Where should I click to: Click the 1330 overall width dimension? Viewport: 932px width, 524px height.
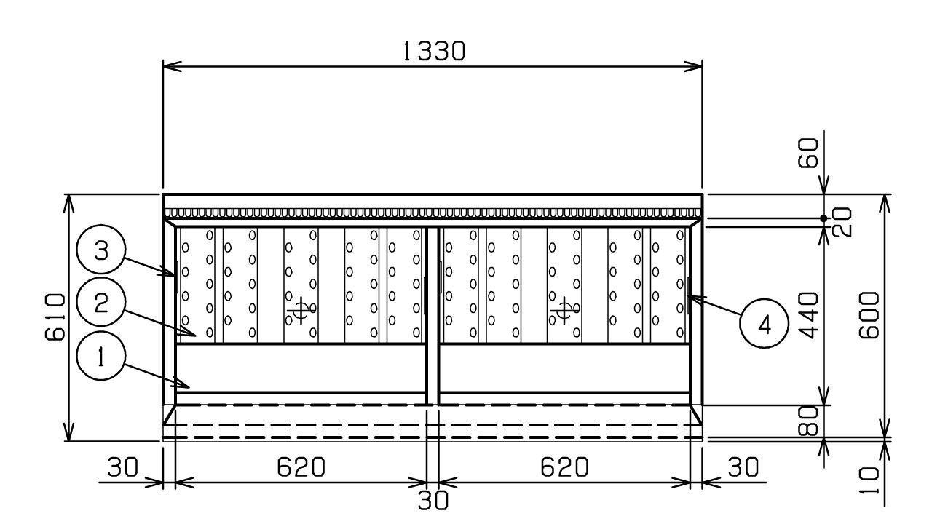point(435,52)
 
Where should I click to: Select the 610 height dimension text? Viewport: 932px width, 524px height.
point(55,317)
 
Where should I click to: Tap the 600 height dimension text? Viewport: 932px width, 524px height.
point(869,315)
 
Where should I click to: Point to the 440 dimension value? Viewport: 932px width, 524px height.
point(808,315)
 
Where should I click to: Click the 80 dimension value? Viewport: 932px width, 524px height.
point(808,421)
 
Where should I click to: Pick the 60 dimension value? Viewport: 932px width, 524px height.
point(808,153)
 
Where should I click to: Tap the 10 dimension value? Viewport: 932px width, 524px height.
point(869,481)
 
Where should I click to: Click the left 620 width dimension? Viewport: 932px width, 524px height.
point(301,467)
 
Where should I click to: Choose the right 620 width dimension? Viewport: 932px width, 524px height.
point(564,467)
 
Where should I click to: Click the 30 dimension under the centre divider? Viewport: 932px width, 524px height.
point(433,501)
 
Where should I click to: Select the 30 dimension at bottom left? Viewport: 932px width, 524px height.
point(122,467)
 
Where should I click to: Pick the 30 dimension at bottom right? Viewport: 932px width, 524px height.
point(743,467)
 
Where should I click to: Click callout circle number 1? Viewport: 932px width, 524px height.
point(101,356)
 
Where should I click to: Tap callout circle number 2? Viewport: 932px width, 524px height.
point(101,302)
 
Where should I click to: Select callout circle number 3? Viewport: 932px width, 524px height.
point(101,250)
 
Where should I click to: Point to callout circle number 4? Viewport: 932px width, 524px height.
point(765,323)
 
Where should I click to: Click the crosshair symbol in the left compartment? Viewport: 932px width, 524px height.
point(301,310)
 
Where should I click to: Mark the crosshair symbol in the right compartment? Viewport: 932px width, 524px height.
point(564,310)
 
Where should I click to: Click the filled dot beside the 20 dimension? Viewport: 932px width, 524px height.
point(824,218)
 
